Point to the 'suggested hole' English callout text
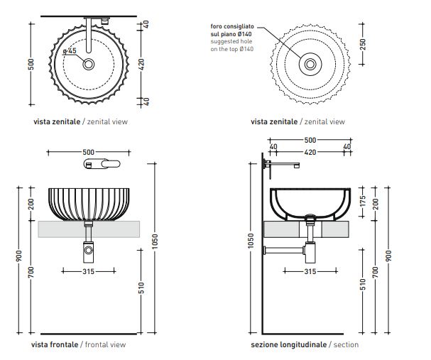pyautogui.click(x=232, y=42)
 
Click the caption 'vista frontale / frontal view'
pyautogui.click(x=80, y=344)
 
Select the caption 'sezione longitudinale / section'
pyautogui.click(x=305, y=344)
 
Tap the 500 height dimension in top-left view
pyautogui.click(x=31, y=64)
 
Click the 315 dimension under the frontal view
pyautogui.click(x=89, y=271)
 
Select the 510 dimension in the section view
pyautogui.click(x=363, y=285)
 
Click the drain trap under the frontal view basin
pyautogui.click(x=89, y=248)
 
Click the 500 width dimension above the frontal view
pyautogui.click(x=89, y=152)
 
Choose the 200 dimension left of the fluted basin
pyautogui.click(x=31, y=204)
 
